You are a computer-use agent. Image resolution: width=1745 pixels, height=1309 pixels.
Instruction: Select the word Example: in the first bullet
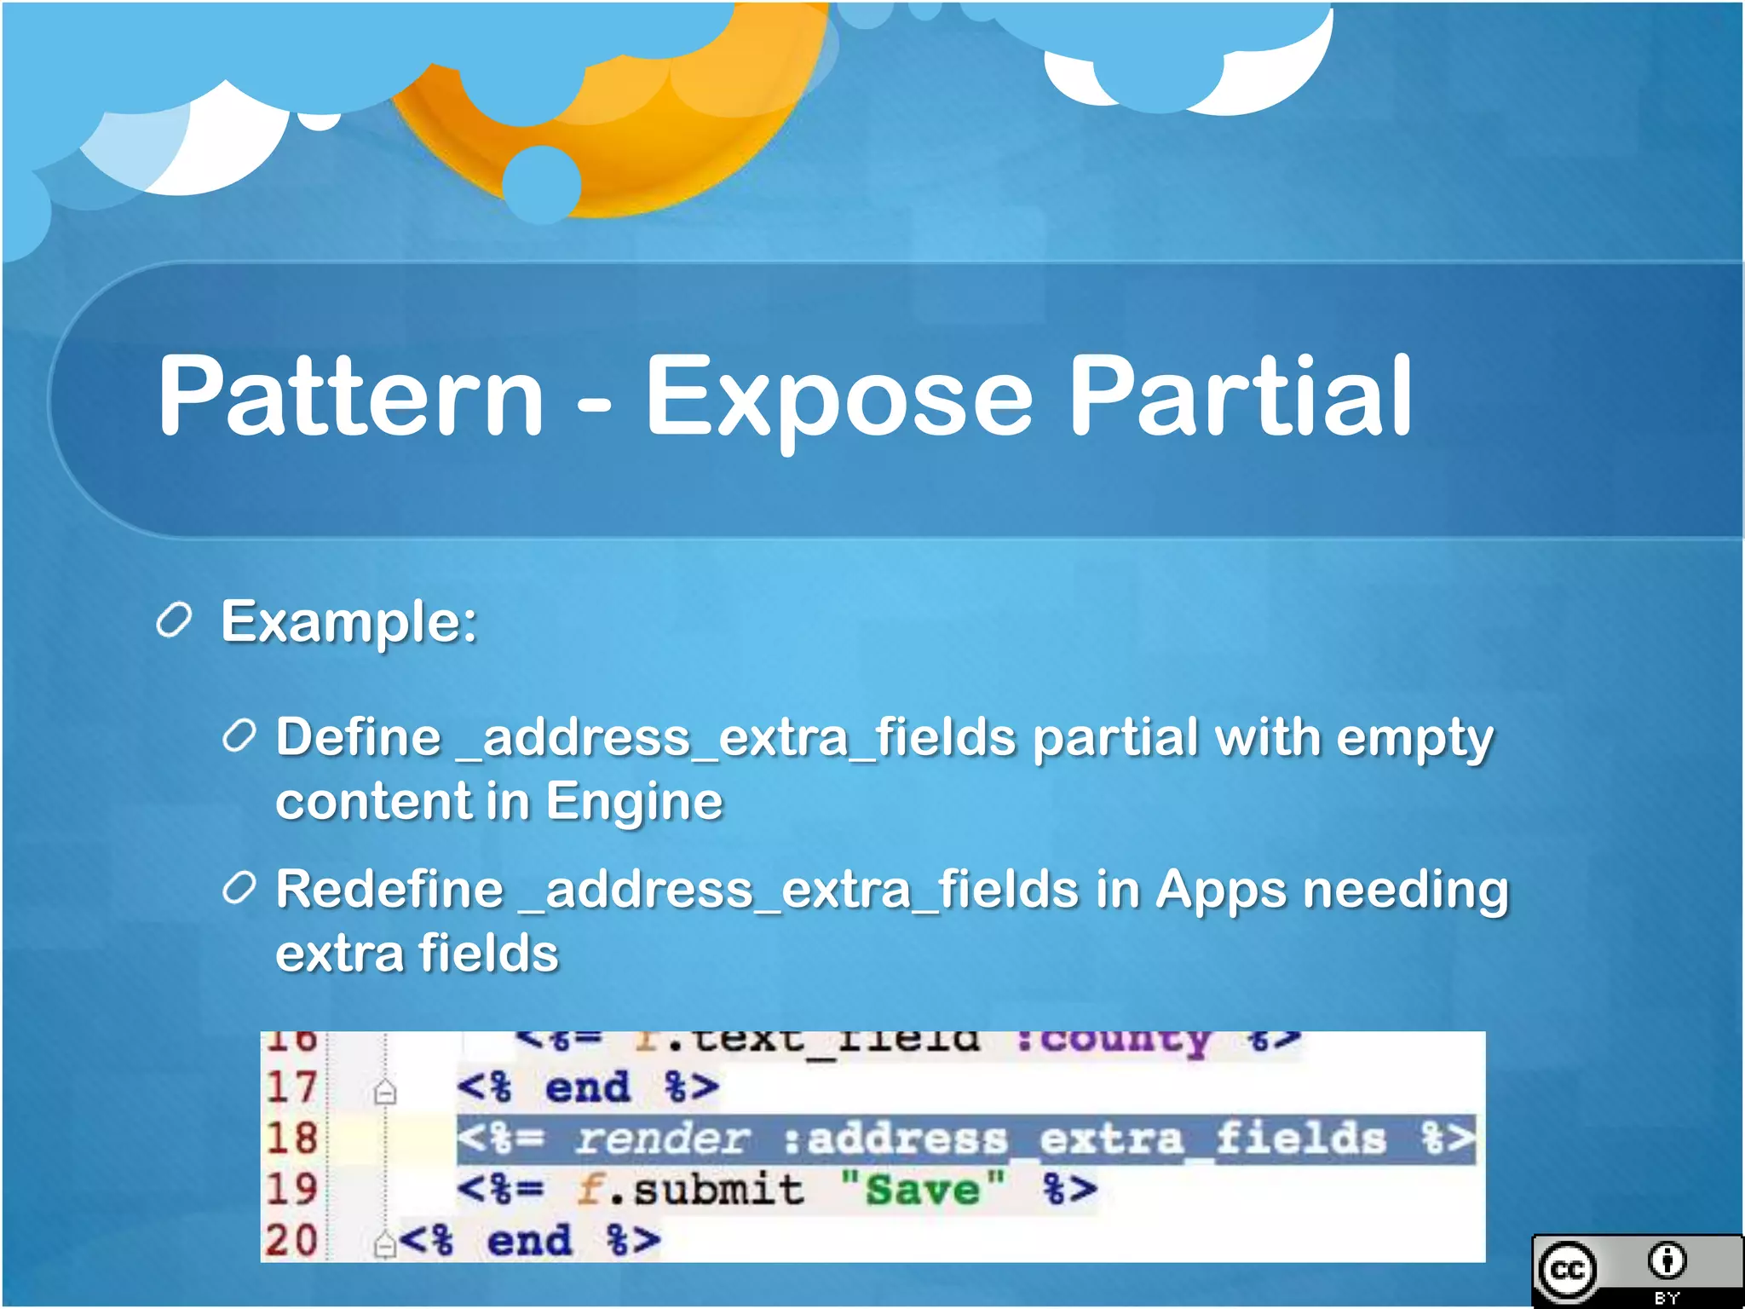[x=348, y=622]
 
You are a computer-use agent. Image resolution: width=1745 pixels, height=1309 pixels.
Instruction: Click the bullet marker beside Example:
[x=175, y=620]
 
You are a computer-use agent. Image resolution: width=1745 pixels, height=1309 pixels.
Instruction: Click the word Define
[x=359, y=737]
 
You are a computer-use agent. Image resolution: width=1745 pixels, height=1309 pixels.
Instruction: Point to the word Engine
[x=635, y=802]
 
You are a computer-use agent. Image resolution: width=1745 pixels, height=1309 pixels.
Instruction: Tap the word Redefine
[x=389, y=890]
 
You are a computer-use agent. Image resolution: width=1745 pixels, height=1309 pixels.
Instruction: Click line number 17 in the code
[x=291, y=1087]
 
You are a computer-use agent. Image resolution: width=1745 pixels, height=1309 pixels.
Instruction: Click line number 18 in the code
[x=291, y=1139]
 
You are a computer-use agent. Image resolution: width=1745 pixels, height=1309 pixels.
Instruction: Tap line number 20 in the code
[x=291, y=1241]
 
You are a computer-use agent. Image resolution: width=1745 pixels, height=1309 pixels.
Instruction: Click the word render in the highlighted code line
[x=662, y=1139]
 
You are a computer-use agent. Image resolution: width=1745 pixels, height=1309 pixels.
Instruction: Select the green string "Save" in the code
[x=923, y=1189]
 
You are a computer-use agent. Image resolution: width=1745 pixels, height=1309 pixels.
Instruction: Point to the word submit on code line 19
[x=717, y=1190]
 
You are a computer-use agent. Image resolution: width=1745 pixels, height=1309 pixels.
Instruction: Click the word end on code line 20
[x=528, y=1241]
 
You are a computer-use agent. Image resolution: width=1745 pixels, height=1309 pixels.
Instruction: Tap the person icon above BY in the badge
[x=1667, y=1260]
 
